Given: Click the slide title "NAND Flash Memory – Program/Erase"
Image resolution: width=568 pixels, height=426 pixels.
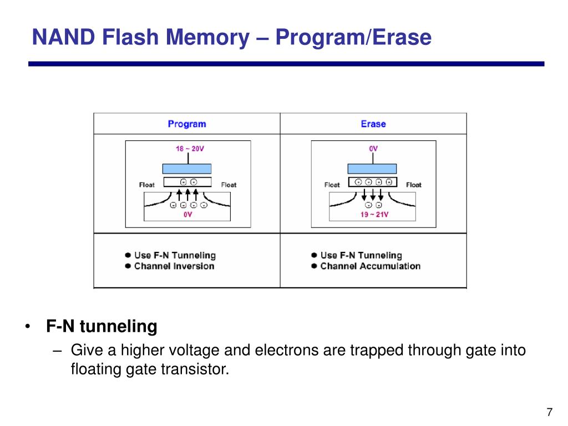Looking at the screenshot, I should (231, 38).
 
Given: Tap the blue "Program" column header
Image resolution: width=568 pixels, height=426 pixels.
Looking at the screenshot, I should (186, 124).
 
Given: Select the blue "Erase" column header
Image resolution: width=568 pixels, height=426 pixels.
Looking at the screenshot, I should (373, 124).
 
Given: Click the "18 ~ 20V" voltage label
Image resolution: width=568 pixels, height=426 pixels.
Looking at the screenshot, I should (190, 149).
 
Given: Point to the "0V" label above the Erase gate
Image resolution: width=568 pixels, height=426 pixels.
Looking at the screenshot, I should (373, 149).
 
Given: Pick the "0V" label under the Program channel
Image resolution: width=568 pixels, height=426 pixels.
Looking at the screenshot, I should (187, 215).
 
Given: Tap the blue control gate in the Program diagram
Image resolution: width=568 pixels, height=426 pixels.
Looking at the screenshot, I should (187, 169).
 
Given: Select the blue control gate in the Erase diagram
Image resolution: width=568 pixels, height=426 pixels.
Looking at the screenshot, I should (372, 169).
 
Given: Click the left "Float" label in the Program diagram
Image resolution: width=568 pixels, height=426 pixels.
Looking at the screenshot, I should (147, 185).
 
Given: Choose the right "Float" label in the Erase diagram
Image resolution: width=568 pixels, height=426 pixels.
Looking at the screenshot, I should (413, 185).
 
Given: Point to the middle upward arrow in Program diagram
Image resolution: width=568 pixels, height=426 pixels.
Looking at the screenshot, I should (187, 195).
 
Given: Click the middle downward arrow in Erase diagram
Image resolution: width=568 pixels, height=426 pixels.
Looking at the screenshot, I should (373, 195).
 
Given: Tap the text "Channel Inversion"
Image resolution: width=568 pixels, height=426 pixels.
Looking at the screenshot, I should (174, 266).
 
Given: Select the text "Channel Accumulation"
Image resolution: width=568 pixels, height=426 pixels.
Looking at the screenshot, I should (370, 266).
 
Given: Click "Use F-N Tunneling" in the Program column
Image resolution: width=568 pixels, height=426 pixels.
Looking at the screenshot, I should (175, 255).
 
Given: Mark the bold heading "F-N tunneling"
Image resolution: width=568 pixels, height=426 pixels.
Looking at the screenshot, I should (102, 327).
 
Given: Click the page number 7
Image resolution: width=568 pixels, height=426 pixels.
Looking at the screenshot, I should (549, 412).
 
